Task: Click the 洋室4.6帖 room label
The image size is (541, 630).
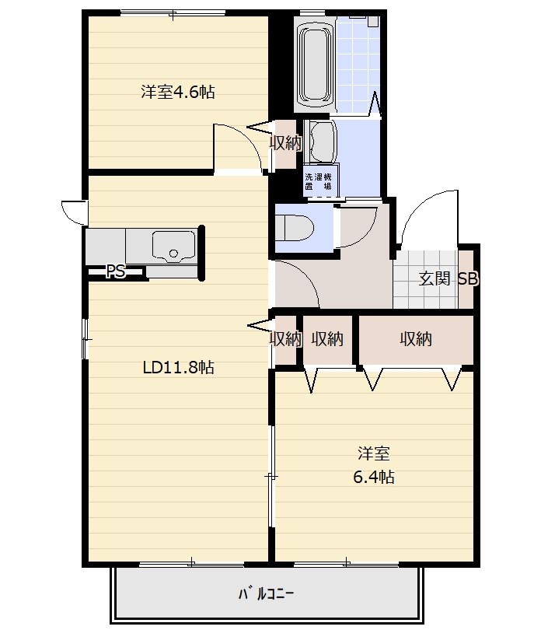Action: tap(177, 92)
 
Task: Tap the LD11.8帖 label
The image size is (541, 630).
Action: tap(178, 367)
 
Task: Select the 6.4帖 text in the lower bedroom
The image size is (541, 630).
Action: tap(374, 477)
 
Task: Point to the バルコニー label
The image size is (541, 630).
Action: tap(267, 593)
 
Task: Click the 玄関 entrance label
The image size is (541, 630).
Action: tap(435, 278)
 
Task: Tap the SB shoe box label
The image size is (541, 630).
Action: tap(468, 278)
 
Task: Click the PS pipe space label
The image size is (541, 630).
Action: tap(116, 272)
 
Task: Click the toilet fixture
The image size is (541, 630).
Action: tap(295, 229)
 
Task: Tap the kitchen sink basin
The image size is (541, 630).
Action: tap(173, 247)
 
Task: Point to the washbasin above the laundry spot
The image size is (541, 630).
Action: tap(321, 142)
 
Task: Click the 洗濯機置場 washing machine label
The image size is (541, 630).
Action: tap(318, 181)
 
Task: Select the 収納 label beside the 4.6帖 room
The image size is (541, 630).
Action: tap(285, 142)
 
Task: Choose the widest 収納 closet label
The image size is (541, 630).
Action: tap(416, 339)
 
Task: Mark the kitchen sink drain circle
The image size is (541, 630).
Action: tap(173, 254)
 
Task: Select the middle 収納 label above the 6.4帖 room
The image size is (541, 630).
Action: tap(327, 339)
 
